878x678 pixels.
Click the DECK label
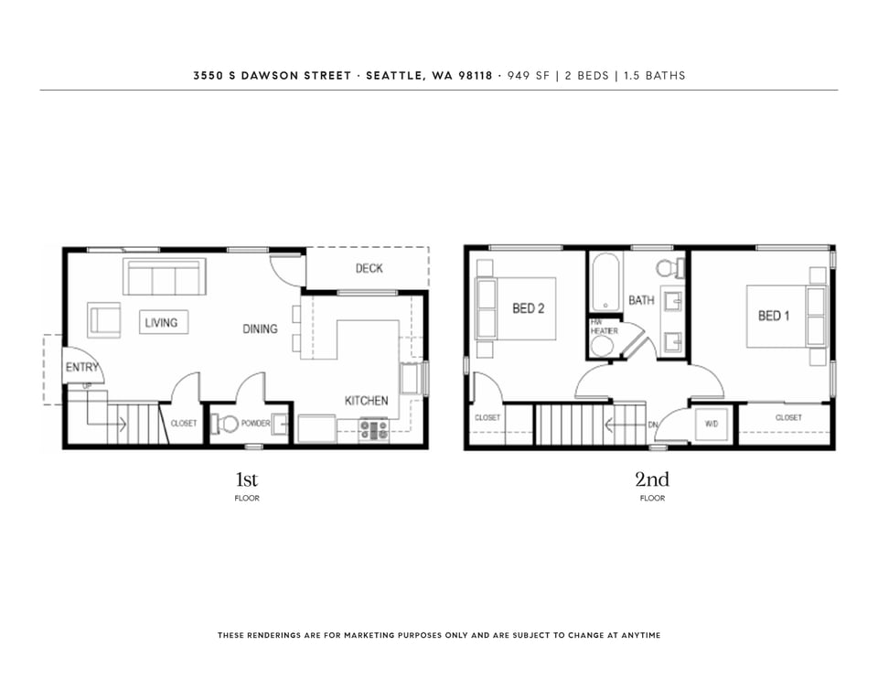(369, 268)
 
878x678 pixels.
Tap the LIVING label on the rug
(161, 323)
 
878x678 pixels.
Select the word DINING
(260, 328)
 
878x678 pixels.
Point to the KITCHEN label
(366, 401)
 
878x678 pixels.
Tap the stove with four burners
(373, 430)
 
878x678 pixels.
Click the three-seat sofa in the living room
(164, 277)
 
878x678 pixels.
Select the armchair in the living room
(103, 320)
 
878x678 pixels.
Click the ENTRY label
(81, 368)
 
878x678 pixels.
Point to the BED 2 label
(528, 308)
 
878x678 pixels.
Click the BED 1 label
(774, 316)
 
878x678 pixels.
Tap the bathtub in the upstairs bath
(605, 282)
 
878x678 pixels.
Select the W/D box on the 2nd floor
(712, 425)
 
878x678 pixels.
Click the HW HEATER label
(605, 327)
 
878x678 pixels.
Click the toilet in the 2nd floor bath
(670, 268)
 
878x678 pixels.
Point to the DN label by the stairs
(653, 425)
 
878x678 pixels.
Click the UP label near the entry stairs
(88, 386)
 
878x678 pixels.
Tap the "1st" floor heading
(246, 479)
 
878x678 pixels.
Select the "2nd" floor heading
(652, 479)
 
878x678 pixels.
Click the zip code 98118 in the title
(476, 76)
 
